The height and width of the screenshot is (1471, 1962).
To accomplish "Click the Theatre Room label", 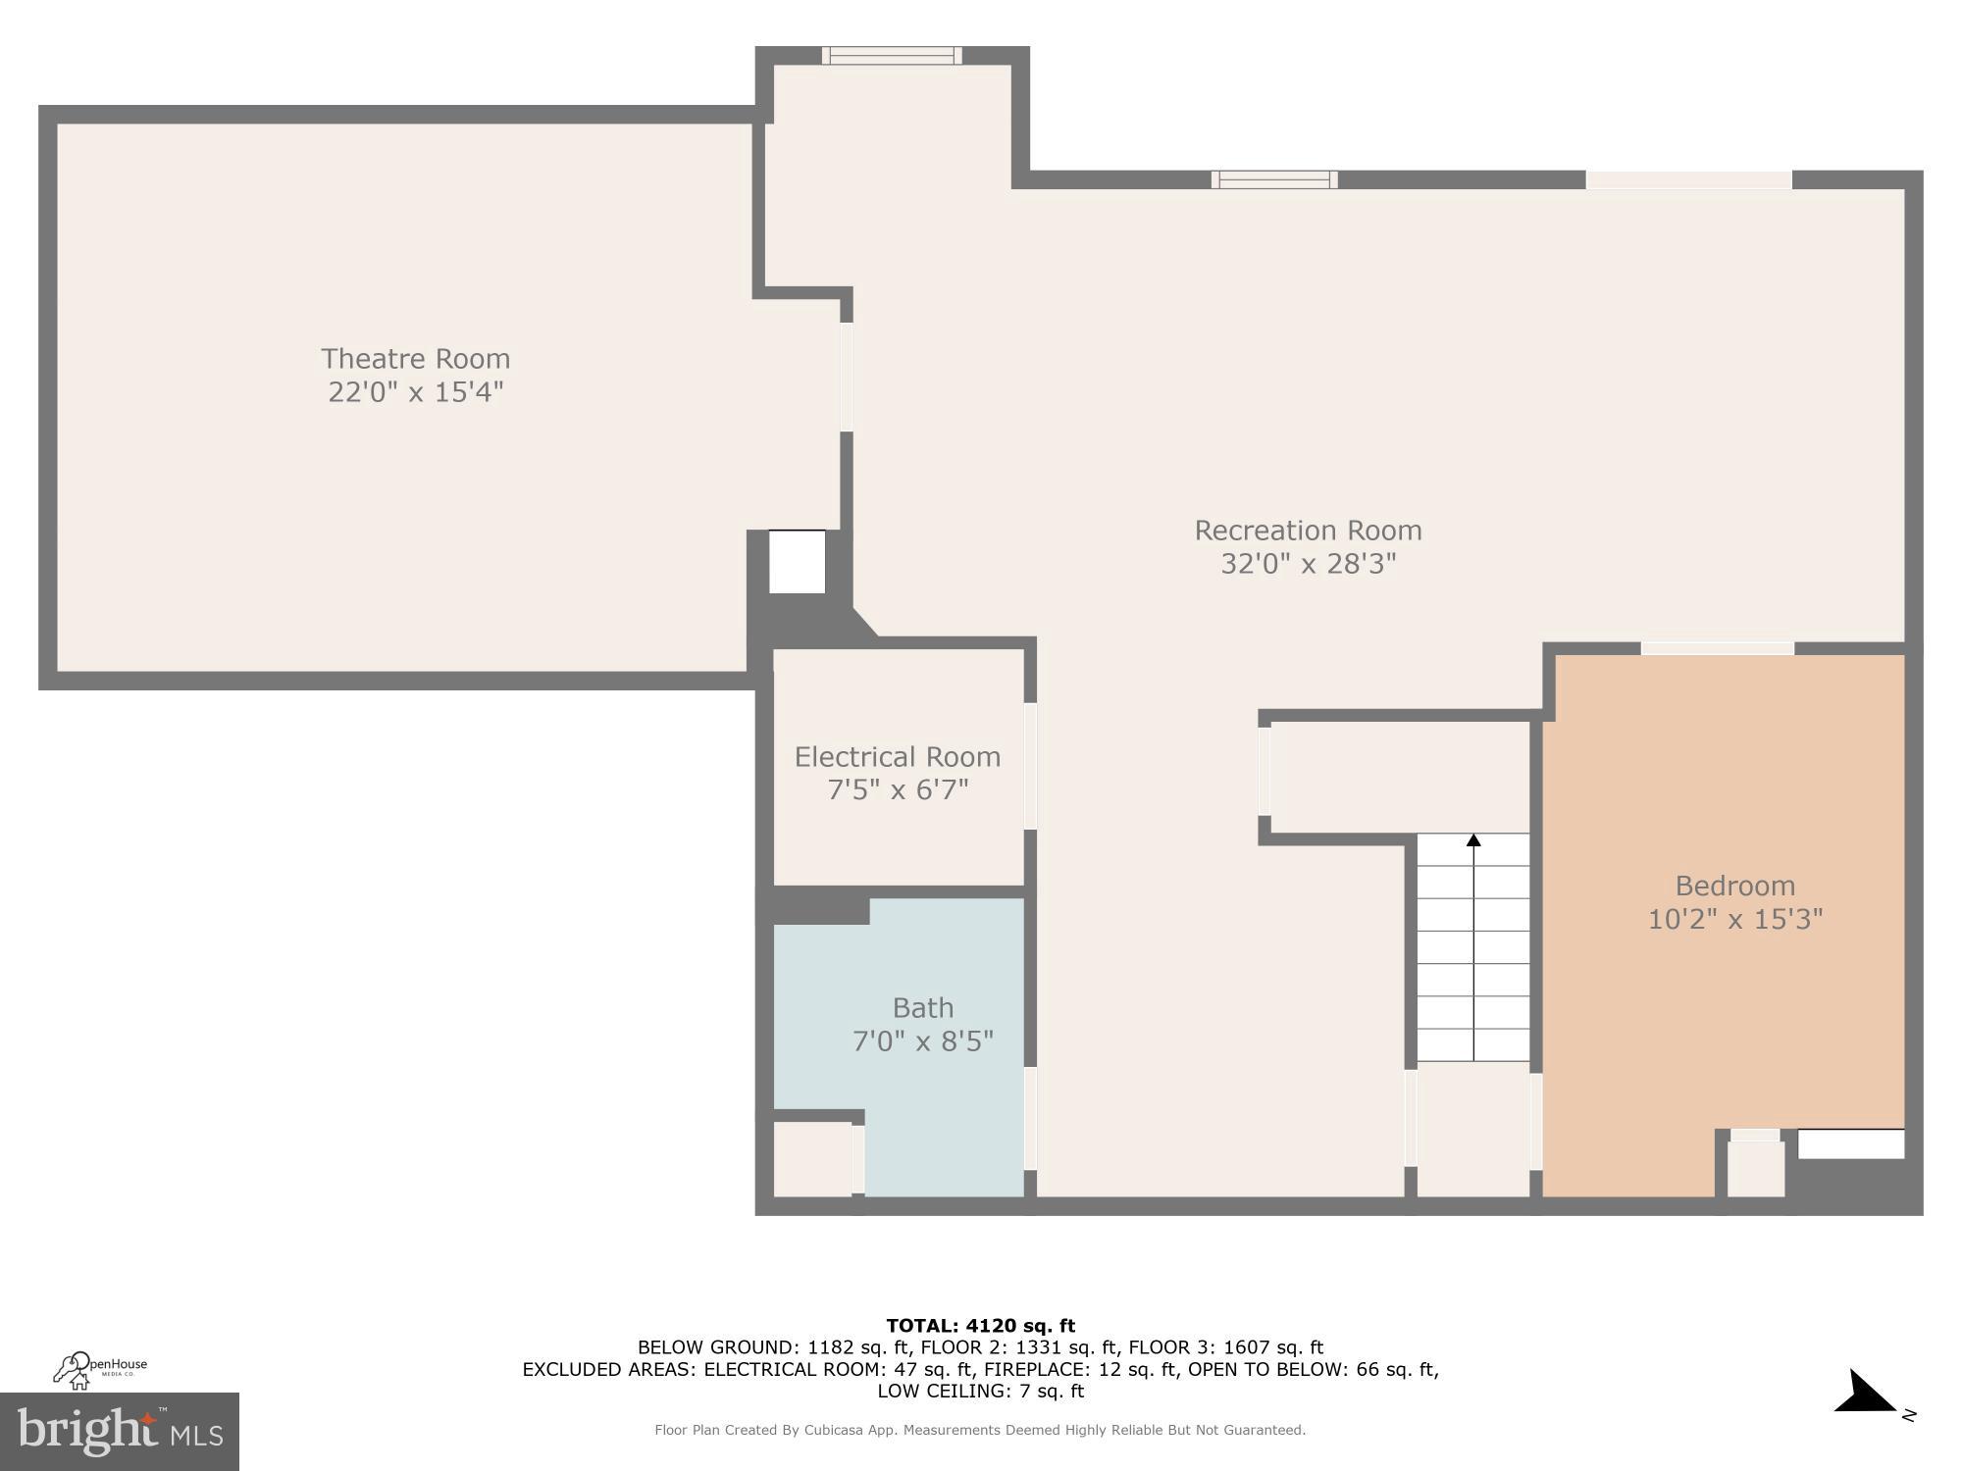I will pyautogui.click(x=415, y=359).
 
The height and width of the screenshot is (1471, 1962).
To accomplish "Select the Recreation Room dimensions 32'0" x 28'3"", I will pyautogui.click(x=1308, y=564).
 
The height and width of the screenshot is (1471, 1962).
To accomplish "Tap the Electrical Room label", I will pyautogui.click(x=897, y=757).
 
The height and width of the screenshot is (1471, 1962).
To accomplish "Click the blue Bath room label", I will pyautogui.click(x=922, y=1008).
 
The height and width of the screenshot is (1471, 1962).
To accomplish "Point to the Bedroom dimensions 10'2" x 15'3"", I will pyautogui.click(x=1734, y=920).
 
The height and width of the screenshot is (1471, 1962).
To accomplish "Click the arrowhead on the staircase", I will pyautogui.click(x=1473, y=840).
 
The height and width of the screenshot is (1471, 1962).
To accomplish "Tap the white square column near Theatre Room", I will pyautogui.click(x=797, y=562).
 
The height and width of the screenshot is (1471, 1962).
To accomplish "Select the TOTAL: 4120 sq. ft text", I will pyautogui.click(x=980, y=1326).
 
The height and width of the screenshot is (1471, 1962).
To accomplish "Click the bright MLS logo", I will pyautogui.click(x=119, y=1432).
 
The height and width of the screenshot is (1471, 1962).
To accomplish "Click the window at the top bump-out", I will pyautogui.click(x=892, y=56).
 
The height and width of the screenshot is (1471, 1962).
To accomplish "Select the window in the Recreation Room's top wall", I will pyautogui.click(x=1273, y=179).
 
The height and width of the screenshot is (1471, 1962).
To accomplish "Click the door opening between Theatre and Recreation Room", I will pyautogui.click(x=846, y=377).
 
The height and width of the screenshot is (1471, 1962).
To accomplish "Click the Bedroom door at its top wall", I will pyautogui.click(x=1717, y=648).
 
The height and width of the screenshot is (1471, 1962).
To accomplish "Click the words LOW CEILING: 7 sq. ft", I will pyautogui.click(x=980, y=1391).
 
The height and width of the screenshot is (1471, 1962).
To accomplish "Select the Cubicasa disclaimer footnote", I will pyautogui.click(x=980, y=1430).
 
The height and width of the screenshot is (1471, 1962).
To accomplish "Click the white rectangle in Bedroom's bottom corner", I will pyautogui.click(x=1850, y=1143).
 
